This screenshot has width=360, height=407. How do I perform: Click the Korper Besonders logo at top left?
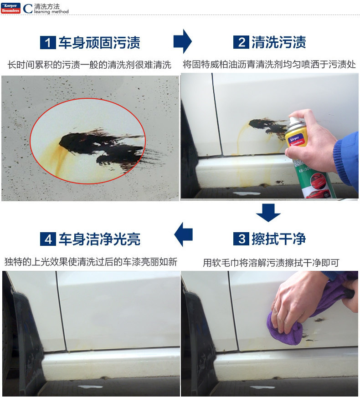10,8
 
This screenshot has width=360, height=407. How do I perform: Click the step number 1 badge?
48,43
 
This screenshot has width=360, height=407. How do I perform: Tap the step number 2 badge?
242,42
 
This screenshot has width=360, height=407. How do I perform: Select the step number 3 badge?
242,239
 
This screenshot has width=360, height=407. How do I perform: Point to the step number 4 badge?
48,239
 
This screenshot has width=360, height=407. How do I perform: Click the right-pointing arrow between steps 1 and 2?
183,41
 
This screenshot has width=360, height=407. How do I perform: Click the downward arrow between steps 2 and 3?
268,213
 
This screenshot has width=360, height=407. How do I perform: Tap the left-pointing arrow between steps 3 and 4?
183,234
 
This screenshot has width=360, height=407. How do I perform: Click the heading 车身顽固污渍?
99,43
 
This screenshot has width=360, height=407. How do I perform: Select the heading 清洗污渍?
279,42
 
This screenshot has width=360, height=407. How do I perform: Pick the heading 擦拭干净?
279,239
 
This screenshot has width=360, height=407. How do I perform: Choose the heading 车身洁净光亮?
99,239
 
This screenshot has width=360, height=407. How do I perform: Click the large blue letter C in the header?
28,8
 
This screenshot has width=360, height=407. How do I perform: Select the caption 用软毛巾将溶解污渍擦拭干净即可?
271,263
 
